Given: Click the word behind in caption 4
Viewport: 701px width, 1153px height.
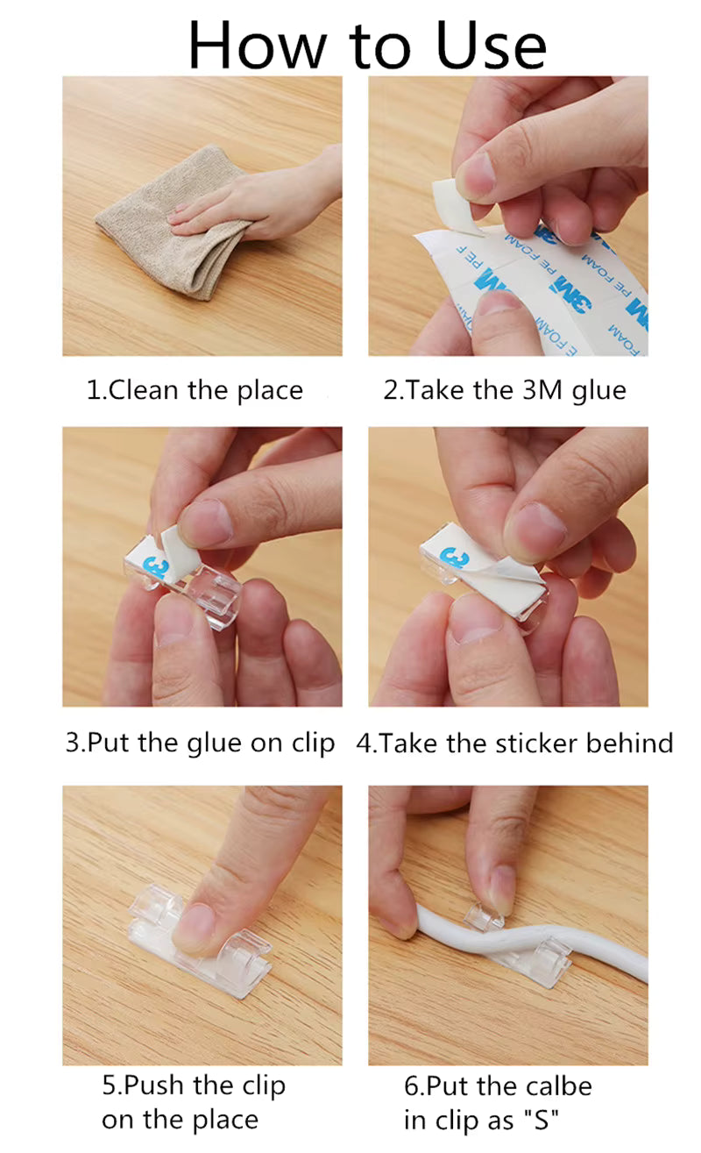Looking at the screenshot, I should point(629,744).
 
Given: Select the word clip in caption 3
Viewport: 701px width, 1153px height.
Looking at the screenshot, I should point(313,744).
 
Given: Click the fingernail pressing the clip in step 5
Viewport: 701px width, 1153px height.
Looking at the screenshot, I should point(195,922).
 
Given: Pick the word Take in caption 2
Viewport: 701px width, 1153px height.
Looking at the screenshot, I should point(435,390).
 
